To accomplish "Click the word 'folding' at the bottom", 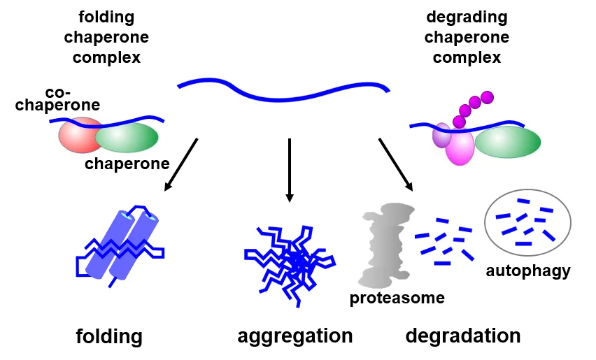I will [x=109, y=337].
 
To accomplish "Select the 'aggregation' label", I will [x=295, y=336].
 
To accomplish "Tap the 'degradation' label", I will [x=463, y=336].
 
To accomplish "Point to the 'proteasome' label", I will [x=397, y=298].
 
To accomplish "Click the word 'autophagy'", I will [x=528, y=271].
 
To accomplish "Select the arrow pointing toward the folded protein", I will [x=181, y=164].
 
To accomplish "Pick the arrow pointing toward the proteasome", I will [x=396, y=164].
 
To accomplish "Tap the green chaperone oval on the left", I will [x=127, y=138].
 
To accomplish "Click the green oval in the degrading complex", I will [x=508, y=143].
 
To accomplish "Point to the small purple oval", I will [x=441, y=136].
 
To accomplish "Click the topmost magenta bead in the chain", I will [x=488, y=97].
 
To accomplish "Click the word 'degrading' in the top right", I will [x=467, y=17].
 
